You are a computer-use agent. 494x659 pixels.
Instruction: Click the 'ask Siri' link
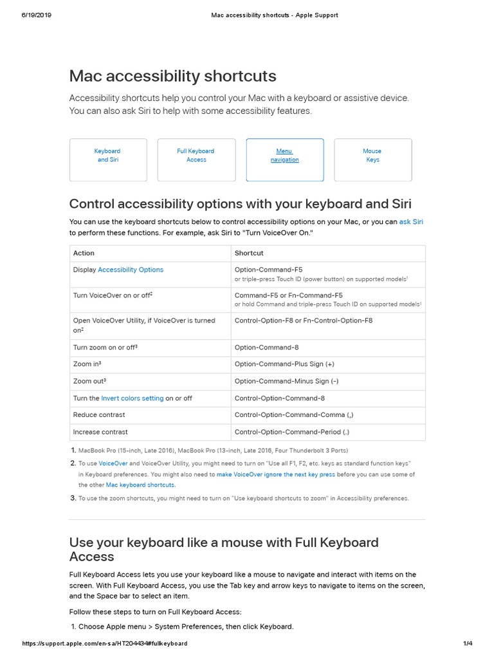(411, 222)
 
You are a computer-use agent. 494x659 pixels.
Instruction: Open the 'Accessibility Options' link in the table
(131, 270)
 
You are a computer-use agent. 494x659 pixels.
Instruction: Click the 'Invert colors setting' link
(133, 398)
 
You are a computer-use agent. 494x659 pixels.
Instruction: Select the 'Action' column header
(84, 254)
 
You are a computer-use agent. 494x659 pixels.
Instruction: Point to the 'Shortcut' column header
(249, 254)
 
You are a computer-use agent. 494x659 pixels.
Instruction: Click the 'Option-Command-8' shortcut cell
(266, 348)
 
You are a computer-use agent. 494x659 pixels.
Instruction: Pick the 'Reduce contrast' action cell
(99, 415)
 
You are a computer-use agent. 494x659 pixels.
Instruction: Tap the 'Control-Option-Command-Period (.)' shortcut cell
(292, 432)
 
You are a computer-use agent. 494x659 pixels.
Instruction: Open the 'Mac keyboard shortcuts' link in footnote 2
(140, 485)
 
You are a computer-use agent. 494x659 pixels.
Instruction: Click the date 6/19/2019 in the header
(36, 15)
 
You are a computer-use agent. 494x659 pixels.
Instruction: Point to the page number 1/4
(468, 644)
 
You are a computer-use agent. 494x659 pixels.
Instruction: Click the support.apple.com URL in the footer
(105, 644)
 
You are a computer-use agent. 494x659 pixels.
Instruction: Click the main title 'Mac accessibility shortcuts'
(173, 76)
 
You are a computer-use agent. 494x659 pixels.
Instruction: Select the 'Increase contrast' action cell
(100, 432)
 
